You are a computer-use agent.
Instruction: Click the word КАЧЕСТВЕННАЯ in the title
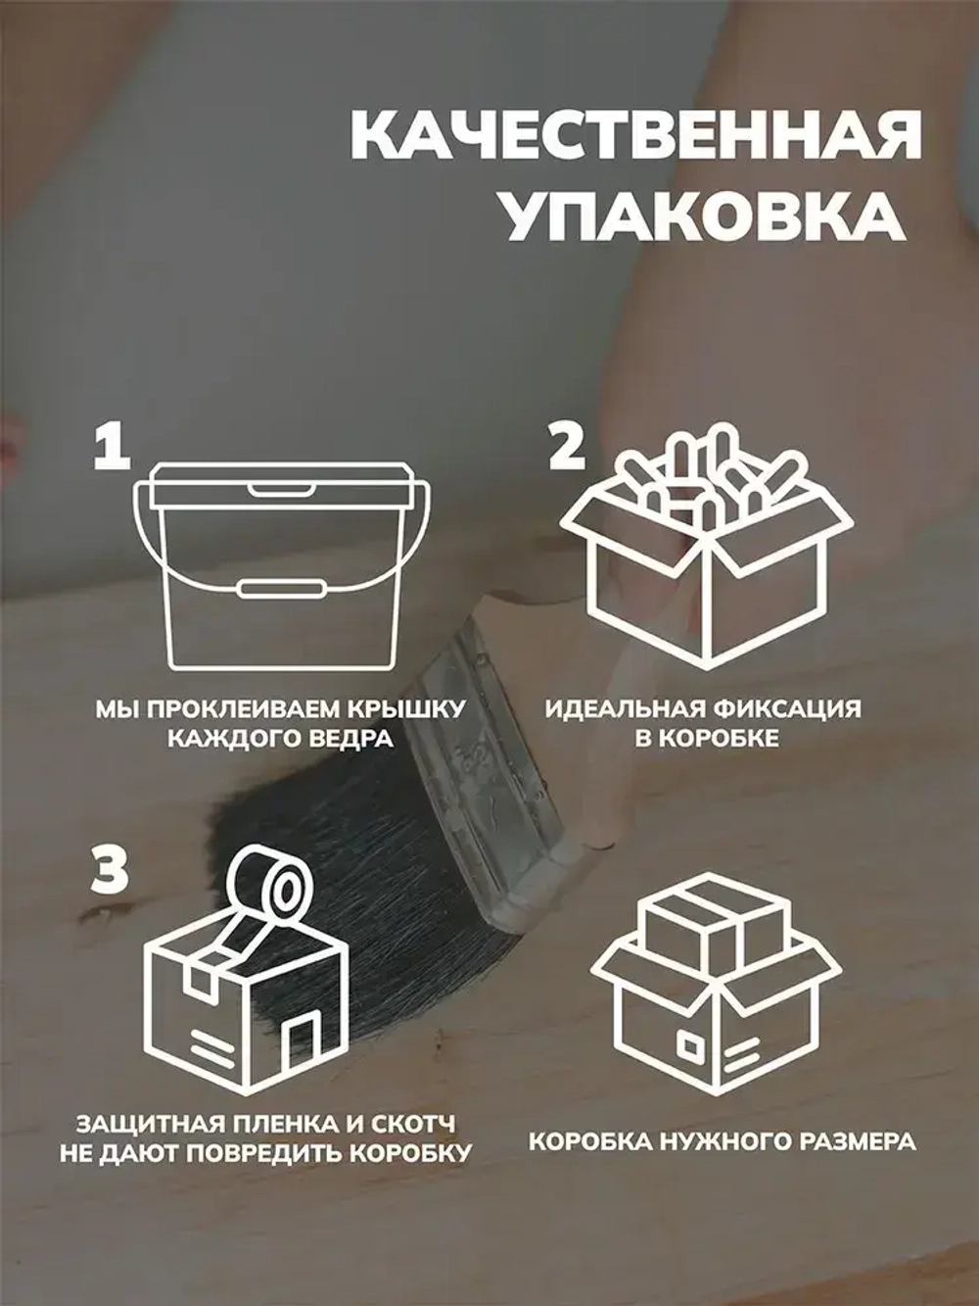tap(635, 138)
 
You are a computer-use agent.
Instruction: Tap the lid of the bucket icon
tap(280, 483)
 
